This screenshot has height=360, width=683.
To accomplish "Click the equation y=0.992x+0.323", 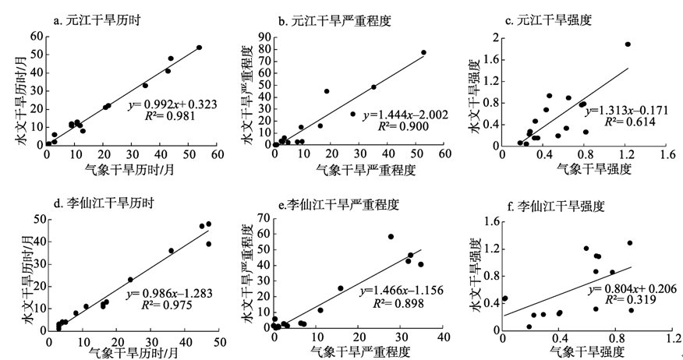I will point(172,104).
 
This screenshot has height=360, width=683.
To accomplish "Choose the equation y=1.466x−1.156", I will point(401,290).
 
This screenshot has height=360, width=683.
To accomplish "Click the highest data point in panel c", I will point(628,44).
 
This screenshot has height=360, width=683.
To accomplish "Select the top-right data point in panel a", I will point(199,48).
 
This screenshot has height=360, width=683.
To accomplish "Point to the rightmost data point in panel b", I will point(423,53).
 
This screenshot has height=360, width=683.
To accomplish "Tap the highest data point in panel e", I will point(391,236).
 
